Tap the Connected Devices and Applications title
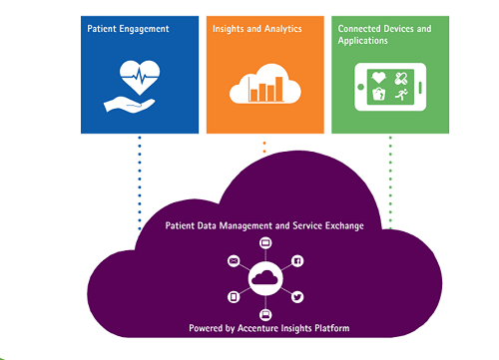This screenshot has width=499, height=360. coord(383,35)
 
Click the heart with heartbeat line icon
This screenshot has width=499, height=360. coord(138,75)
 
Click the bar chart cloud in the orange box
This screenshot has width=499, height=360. coord(264,86)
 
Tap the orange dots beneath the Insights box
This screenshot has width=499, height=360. coord(264,148)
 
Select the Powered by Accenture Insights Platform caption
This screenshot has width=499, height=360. coord(265,327)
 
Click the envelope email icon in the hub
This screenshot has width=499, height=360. coord(234,260)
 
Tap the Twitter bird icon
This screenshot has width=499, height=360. coord(297,296)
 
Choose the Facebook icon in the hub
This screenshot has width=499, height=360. coord(297,260)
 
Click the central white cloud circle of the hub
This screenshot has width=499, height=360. coord(265,279)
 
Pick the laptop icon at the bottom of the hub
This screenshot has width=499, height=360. coord(265,314)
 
